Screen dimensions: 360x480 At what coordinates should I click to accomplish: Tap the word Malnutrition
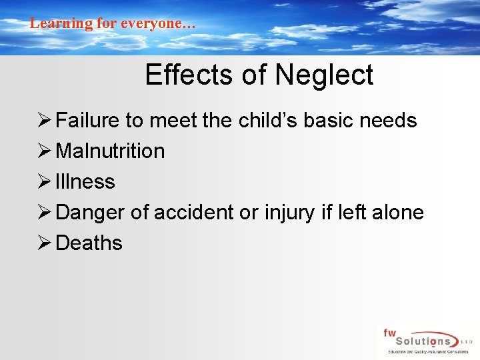[x=110, y=151]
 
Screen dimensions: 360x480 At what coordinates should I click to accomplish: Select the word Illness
[x=85, y=181]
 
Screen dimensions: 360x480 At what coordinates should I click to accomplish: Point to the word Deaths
[x=89, y=243]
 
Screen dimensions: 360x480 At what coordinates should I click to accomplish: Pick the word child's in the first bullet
[x=265, y=121]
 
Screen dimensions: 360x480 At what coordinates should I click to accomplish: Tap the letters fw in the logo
[x=389, y=332]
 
